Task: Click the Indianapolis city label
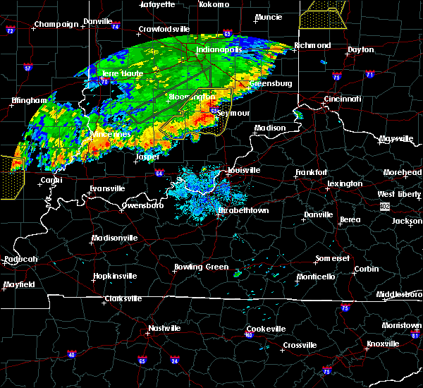click(219, 50)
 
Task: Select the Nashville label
click(164, 328)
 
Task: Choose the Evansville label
click(107, 188)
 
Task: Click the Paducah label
click(20, 260)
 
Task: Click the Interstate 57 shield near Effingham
click(28, 68)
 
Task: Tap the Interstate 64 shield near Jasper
click(159, 173)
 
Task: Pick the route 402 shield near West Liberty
click(384, 206)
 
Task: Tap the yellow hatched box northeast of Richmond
click(324, 13)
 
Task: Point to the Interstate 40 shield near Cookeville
click(249, 336)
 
